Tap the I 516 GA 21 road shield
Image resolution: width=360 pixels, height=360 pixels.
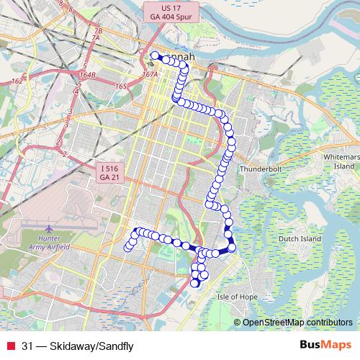[x=109, y=172]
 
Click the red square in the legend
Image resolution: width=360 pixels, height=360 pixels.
[x=11, y=346]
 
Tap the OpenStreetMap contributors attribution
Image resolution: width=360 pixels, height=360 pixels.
[x=298, y=323]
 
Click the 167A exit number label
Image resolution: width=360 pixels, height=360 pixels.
[x=150, y=73]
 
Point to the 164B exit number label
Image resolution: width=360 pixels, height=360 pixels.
[x=87, y=73]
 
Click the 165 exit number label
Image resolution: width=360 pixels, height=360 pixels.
[x=120, y=86]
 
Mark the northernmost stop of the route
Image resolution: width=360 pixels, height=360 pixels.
[x=154, y=55]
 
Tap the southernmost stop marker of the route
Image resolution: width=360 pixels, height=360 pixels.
[x=194, y=283]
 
